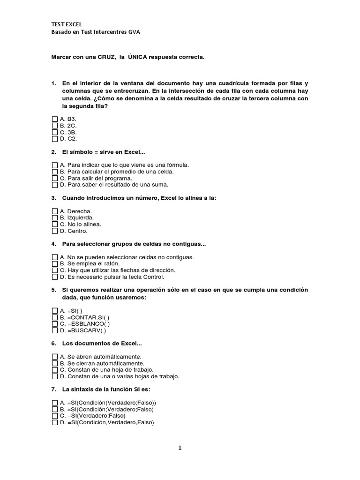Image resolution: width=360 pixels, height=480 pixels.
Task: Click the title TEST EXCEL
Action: click(x=66, y=24)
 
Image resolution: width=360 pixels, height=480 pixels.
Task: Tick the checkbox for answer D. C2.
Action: click(x=55, y=139)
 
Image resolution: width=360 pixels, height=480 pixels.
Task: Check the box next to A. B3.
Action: click(x=55, y=119)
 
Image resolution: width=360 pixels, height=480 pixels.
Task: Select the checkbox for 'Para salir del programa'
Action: click(x=55, y=178)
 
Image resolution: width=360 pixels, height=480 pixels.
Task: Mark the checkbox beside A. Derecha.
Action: click(x=55, y=211)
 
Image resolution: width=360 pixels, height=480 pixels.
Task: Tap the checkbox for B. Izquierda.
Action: click(x=55, y=218)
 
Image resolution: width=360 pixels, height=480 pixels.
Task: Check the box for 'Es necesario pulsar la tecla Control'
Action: click(x=55, y=277)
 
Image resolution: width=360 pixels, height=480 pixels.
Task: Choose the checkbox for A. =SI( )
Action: click(x=55, y=310)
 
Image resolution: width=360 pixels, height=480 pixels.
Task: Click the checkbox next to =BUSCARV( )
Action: click(x=55, y=330)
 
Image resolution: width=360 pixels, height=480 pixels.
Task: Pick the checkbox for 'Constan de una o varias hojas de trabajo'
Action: click(x=55, y=376)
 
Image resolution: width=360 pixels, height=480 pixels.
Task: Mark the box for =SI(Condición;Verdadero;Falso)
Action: click(x=55, y=409)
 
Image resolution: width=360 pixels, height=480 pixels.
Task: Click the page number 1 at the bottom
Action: click(x=180, y=448)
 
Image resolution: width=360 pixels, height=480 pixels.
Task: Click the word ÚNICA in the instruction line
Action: click(x=141, y=57)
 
